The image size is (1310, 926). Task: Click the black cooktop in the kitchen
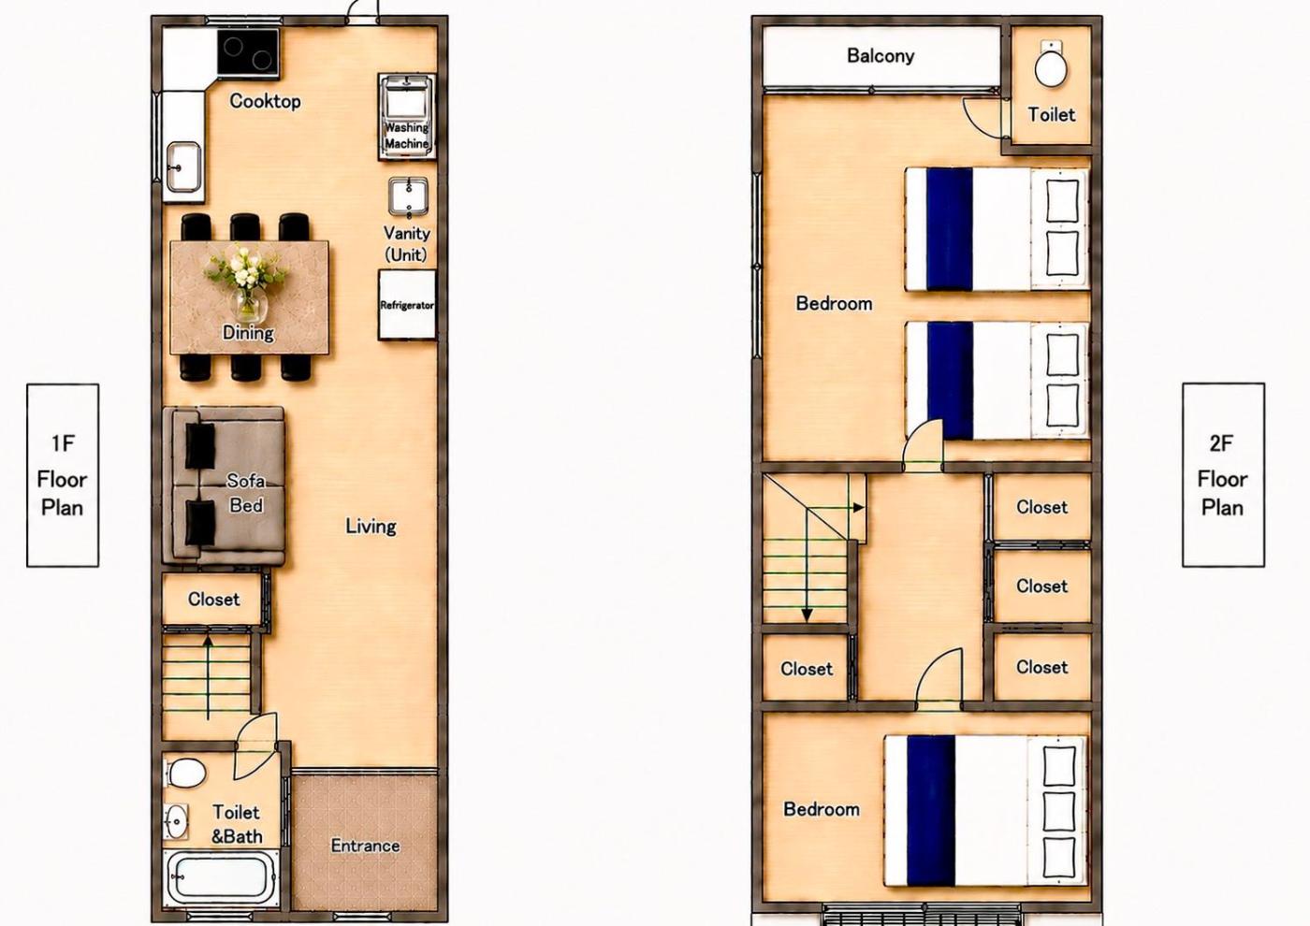[248, 52]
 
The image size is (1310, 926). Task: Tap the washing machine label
[406, 135]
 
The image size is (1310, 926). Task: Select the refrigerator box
[407, 305]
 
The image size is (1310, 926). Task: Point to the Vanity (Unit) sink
[408, 196]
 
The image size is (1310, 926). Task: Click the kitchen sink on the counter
[183, 167]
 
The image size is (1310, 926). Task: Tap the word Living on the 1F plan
[371, 526]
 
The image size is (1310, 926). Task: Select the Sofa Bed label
[246, 493]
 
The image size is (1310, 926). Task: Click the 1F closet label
[213, 600]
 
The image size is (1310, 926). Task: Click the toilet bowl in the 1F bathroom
[186, 774]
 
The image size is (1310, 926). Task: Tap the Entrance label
[366, 846]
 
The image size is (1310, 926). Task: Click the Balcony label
[881, 56]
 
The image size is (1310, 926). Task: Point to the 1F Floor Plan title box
[63, 475]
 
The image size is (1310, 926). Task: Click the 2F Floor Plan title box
[1224, 475]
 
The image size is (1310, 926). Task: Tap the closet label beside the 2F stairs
[807, 669]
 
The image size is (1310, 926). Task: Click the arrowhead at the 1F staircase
[208, 642]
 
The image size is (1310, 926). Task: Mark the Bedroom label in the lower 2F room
[822, 809]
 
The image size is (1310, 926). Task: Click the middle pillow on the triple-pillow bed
[1059, 812]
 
